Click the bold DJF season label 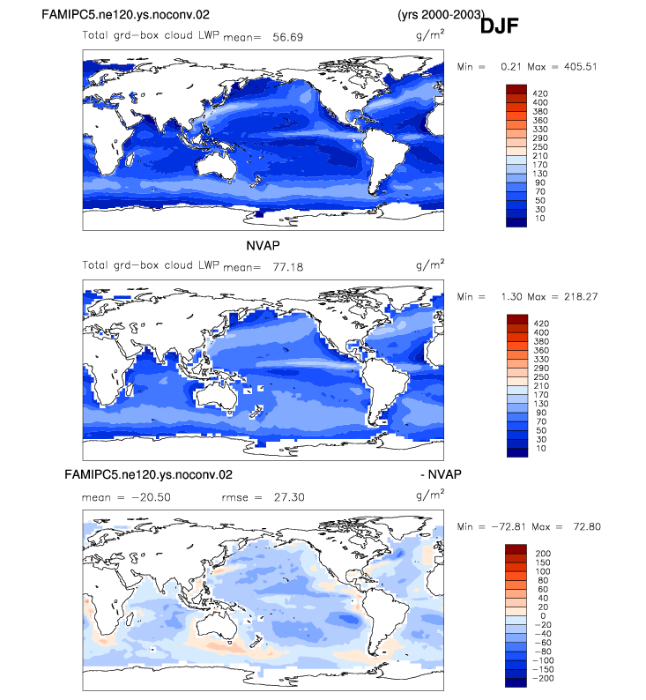499,26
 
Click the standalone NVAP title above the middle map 263,246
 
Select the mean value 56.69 288,37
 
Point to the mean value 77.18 288,267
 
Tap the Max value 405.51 581,66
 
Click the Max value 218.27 581,296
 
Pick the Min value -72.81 509,526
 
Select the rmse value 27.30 289,497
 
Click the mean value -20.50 151,497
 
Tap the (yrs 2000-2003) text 441,14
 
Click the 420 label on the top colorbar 540,93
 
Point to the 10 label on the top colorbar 540,219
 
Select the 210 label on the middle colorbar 541,386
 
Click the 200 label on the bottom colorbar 543,553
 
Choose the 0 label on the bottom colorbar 543,615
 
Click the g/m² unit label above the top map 430,34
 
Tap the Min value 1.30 509,296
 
